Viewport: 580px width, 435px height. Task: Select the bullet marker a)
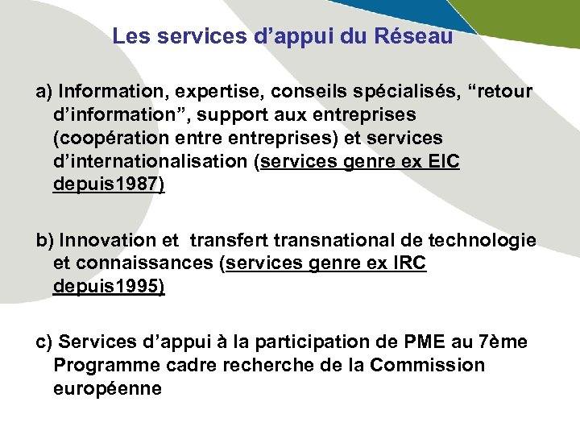[44, 91]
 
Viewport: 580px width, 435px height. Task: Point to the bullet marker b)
[45, 240]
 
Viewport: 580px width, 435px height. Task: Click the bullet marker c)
[44, 342]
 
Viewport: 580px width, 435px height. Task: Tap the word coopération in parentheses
[113, 138]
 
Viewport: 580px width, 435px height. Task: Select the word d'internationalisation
[151, 161]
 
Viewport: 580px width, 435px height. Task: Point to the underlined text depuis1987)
[109, 184]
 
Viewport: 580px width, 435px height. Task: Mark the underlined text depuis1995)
[109, 287]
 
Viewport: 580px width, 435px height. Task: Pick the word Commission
[428, 366]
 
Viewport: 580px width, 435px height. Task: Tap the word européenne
[107, 389]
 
